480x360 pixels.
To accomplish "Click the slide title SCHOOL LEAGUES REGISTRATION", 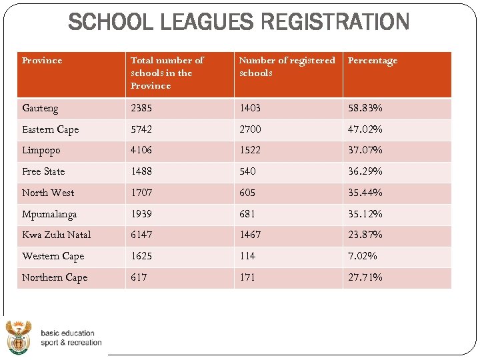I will pos(239,22).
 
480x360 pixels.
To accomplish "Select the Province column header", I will pos(42,61).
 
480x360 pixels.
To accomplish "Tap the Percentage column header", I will pos(373,61).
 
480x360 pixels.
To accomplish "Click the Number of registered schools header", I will pos(287,67).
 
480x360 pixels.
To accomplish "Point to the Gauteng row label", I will pos(40,108).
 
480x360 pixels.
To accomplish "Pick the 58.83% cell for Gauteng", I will pos(365,108).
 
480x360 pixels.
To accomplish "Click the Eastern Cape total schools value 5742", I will pos(141,129).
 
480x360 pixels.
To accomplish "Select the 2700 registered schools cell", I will pos(250,129).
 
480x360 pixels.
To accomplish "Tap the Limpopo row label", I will pos(41,151).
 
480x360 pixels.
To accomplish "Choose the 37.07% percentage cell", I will pos(365,151).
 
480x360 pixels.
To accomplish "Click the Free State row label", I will pos(43,171).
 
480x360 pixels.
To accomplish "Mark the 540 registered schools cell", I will pos(248,171).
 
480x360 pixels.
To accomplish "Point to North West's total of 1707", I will pos(141,193).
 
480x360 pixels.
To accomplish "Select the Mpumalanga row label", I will pos(49,214).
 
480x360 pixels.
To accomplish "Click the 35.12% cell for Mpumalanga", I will pos(365,214).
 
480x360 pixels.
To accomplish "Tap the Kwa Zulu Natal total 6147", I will pos(141,235).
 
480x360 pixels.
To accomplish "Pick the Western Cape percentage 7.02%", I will pos(363,256).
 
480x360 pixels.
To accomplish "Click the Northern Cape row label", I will pos(55,277).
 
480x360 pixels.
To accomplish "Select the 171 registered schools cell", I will pos(247,277).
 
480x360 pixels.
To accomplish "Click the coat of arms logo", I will pos(19,337).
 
